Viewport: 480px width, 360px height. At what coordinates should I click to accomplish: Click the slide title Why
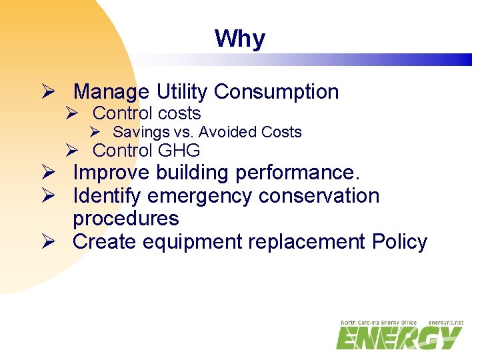(x=239, y=39)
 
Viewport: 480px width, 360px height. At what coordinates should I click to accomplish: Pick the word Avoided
(x=229, y=132)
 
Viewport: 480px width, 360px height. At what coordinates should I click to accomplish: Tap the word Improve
(x=111, y=173)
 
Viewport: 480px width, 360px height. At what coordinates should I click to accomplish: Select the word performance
(x=297, y=173)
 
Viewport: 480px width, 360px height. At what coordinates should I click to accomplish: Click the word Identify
(x=107, y=196)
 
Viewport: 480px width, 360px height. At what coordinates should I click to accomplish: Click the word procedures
(x=126, y=219)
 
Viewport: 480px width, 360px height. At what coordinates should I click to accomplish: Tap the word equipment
(x=191, y=241)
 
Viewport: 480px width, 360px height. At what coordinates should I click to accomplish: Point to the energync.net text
(x=446, y=323)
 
